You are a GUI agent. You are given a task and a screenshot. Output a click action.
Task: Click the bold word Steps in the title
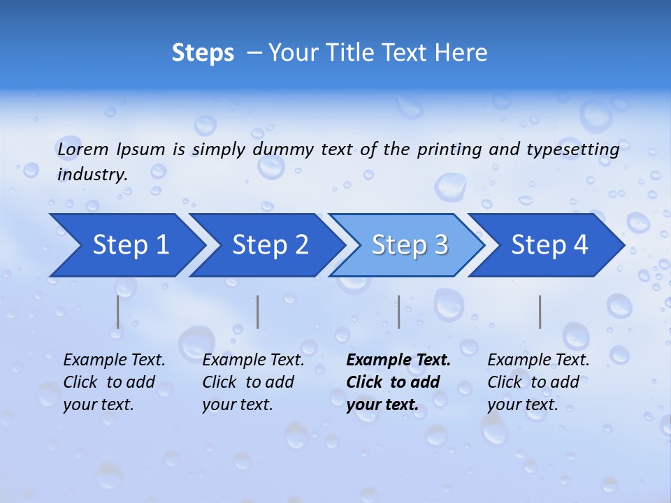203,53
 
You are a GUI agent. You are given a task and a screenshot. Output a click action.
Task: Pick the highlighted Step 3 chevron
410,245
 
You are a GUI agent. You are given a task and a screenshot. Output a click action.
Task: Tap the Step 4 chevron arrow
549,245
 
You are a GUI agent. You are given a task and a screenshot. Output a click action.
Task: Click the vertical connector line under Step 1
118,312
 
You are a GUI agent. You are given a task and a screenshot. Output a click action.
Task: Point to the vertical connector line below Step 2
258,312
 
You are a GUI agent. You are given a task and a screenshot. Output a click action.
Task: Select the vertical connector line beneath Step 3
398,312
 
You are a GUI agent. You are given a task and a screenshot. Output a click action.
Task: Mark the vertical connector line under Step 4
540,312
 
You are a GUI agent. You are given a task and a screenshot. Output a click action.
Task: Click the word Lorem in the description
83,149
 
